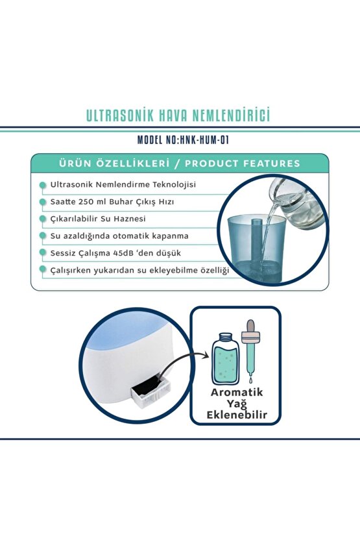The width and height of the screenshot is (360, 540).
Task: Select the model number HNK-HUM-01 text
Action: (x=200, y=140)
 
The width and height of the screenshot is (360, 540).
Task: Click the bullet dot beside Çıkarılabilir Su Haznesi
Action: (x=43, y=219)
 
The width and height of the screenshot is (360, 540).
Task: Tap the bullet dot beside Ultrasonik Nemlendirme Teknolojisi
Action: (x=43, y=185)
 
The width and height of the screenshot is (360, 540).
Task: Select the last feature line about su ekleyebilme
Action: (x=139, y=269)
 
